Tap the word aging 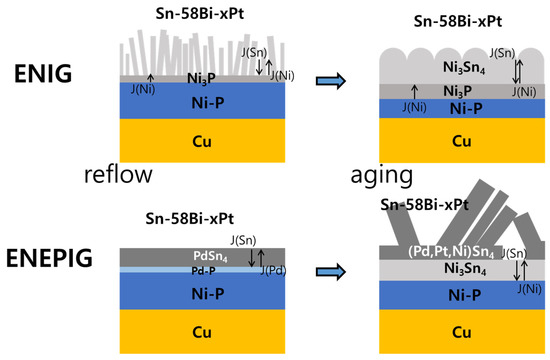381,175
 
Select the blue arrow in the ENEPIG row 332,268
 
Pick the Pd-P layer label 207,271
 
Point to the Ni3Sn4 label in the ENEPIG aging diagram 437,269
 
